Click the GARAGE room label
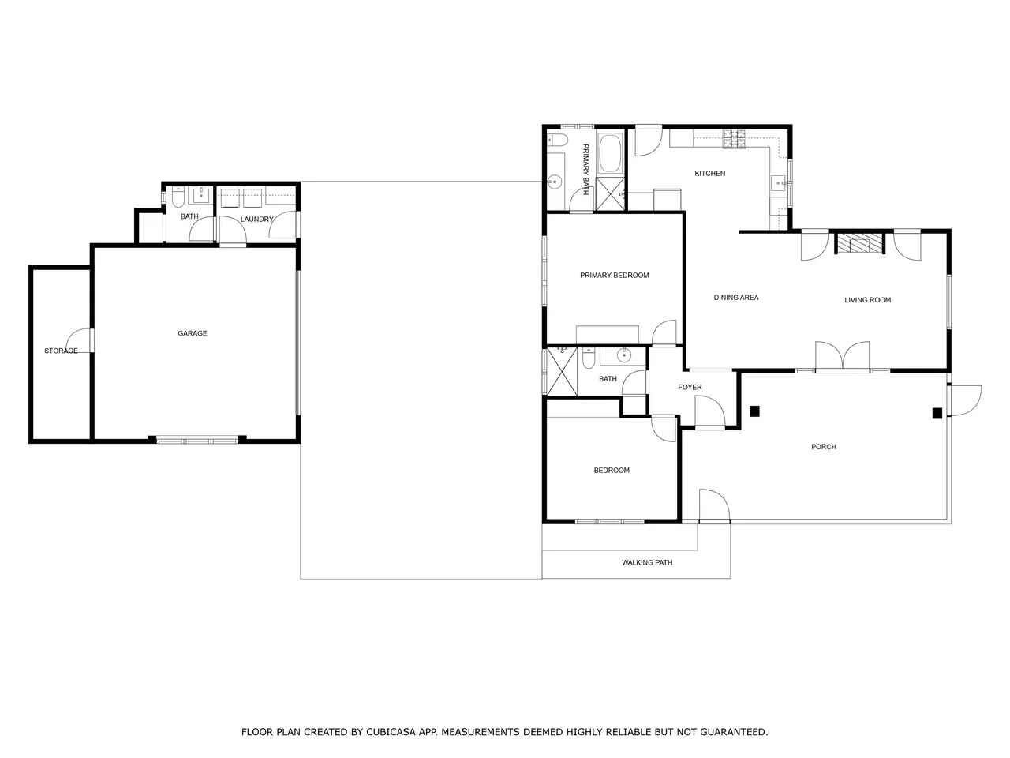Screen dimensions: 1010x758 point(193,333)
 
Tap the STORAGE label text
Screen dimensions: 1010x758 point(61,351)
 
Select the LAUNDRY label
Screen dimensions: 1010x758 point(256,219)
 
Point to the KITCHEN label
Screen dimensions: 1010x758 point(709,174)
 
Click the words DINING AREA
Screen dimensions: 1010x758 point(735,298)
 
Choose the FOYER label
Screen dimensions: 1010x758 point(690,387)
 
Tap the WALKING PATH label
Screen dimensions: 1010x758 point(647,562)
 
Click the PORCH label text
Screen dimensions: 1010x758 point(824,446)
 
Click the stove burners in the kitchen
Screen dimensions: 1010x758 point(735,139)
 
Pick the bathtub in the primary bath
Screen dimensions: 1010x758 point(611,153)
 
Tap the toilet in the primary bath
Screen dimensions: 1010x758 point(555,140)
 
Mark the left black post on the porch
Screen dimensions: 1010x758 point(754,411)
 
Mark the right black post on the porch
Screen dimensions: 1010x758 point(937,413)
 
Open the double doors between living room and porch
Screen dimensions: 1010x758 point(843,355)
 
